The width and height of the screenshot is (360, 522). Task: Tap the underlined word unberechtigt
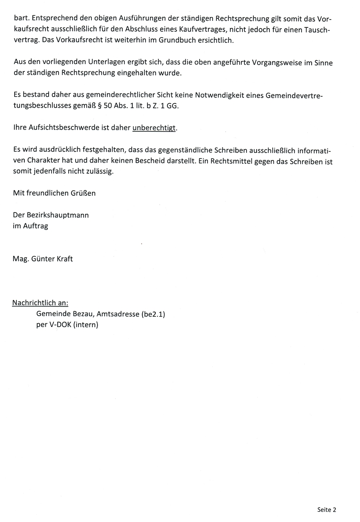[x=154, y=128]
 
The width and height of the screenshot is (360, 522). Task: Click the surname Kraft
[x=64, y=259]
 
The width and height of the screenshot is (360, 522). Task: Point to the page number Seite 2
[x=327, y=509]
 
